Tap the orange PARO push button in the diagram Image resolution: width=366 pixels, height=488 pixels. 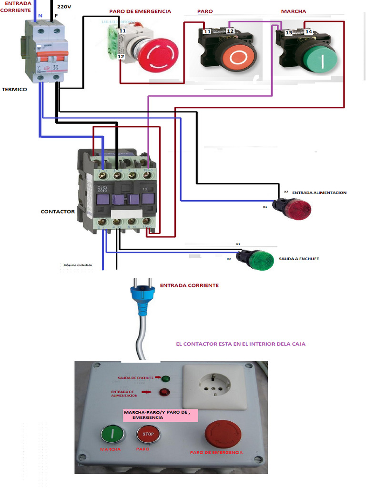pos(238,58)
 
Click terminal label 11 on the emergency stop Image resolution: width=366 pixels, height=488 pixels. pos(122,30)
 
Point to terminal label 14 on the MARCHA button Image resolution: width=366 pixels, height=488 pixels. pos(308,32)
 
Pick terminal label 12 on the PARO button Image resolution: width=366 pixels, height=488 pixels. pos(230,31)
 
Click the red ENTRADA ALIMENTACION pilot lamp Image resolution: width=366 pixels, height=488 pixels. pos(295,209)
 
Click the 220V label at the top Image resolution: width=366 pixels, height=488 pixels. pos(64,7)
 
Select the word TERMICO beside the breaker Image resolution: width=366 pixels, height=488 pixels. pos(14,89)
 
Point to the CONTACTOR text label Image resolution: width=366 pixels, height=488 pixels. pos(58,211)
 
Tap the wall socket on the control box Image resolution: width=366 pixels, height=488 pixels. pos(214,387)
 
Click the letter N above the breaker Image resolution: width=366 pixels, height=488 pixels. pos(40,16)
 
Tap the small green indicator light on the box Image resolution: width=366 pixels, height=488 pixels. pos(166,379)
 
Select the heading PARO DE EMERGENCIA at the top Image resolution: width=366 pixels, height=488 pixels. pos(140,11)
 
